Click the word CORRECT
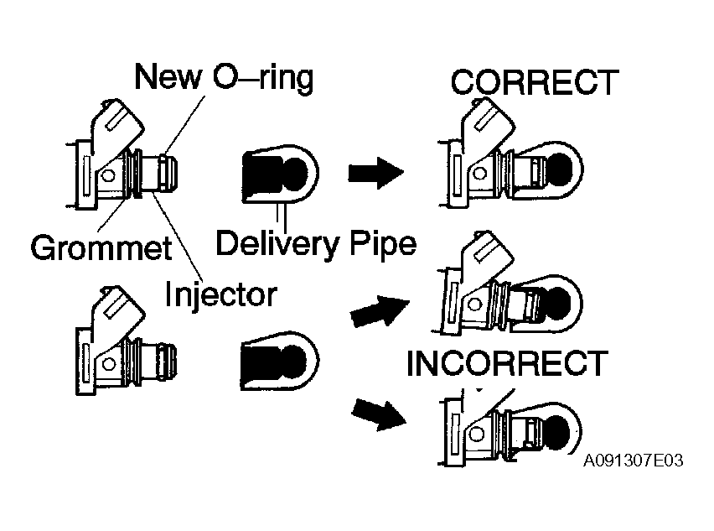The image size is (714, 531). coord(535,82)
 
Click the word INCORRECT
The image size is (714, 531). coord(507,363)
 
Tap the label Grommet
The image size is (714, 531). coord(101,247)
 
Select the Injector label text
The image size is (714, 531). coord(221,294)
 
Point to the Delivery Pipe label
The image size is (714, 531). coord(316,244)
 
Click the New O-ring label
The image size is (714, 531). coord(224,77)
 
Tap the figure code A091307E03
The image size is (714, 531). coord(634,461)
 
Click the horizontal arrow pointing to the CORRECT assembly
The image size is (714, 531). coord(376,173)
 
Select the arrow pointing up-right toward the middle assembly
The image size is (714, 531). coord(380,311)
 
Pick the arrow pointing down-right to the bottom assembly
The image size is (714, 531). coord(379,414)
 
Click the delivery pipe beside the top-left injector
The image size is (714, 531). coord(280,174)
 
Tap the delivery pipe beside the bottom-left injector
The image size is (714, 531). coord(280,361)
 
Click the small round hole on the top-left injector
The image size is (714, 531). coord(107,176)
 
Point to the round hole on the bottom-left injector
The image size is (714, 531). coord(108,364)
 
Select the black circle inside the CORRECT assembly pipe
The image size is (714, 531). coord(559,169)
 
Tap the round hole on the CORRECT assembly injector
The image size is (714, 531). coord(479,173)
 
